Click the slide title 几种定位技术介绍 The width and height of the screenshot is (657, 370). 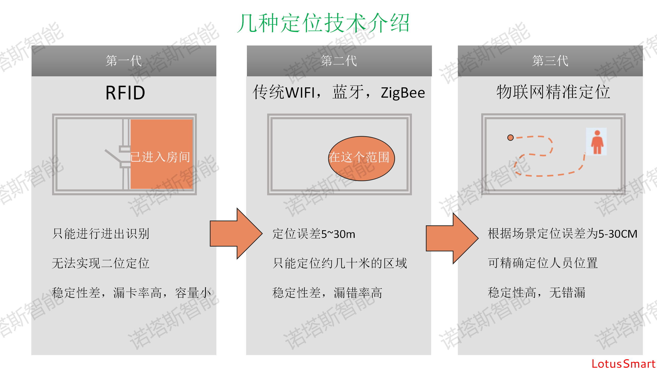click(323, 23)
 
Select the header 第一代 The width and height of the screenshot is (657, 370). click(124, 61)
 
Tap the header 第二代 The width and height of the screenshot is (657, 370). click(339, 61)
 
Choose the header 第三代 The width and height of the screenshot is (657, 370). click(550, 61)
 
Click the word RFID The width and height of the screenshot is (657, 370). click(125, 93)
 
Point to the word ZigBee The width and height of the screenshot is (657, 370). click(403, 93)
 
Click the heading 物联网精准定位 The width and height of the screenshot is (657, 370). click(553, 92)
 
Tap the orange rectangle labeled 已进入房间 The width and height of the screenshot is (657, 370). click(161, 154)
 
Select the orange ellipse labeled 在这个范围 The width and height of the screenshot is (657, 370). click(361, 159)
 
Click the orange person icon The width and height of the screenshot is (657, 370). click(597, 142)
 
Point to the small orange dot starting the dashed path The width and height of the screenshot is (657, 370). click(510, 138)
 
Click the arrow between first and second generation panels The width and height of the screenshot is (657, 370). click(236, 234)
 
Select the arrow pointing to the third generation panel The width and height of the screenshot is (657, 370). click(452, 238)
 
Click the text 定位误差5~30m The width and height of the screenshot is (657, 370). click(314, 234)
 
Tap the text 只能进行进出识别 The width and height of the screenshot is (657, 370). click(101, 234)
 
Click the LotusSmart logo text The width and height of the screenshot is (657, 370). click(623, 364)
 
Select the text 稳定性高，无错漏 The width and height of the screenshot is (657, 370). click(536, 293)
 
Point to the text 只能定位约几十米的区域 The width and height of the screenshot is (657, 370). click(340, 263)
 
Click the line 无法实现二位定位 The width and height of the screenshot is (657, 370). click(101, 263)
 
